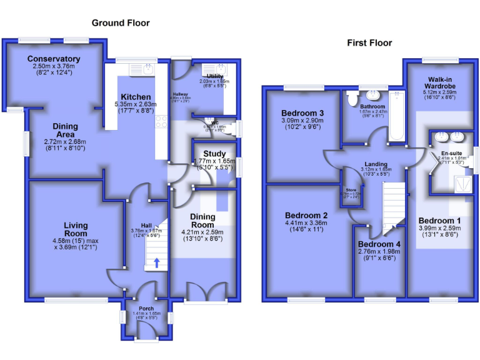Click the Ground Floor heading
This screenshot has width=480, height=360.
point(121,23)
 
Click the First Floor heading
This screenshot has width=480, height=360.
point(369,43)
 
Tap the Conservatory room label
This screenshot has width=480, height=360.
point(54,60)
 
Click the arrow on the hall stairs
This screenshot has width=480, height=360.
point(156,262)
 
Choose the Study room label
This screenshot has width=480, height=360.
point(214,154)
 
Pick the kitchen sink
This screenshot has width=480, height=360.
point(147,69)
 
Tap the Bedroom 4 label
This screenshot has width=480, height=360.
point(380,244)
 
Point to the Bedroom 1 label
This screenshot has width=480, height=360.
point(439,221)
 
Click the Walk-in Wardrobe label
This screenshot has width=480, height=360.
point(441,83)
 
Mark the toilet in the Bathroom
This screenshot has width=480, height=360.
point(352,98)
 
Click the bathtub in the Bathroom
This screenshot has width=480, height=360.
point(396,116)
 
